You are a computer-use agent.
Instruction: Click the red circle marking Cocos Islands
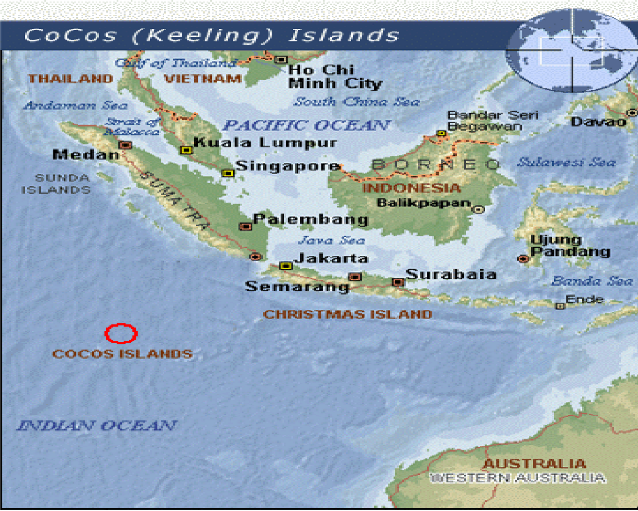[121, 333]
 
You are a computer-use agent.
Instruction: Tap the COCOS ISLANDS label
[122, 353]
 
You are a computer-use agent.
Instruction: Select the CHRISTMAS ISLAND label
[348, 314]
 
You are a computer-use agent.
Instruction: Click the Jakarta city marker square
[286, 266]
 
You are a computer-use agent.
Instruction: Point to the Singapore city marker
[228, 173]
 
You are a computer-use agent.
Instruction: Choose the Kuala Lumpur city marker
[186, 150]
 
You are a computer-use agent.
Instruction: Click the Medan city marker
[125, 145]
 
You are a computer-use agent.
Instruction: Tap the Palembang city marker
[245, 227]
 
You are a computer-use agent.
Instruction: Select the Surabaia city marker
[398, 282]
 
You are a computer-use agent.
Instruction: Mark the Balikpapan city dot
[478, 209]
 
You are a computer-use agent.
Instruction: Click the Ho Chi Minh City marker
[281, 60]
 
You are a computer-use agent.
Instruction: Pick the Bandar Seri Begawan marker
[441, 133]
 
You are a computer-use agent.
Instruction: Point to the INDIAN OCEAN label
[97, 426]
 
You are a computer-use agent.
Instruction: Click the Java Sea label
[331, 240]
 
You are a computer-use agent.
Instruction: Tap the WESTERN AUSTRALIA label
[518, 477]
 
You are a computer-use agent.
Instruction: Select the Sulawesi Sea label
[566, 162]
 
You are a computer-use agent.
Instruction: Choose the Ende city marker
[560, 306]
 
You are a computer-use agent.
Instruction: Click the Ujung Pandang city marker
[523, 259]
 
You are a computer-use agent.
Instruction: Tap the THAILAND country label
[71, 79]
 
